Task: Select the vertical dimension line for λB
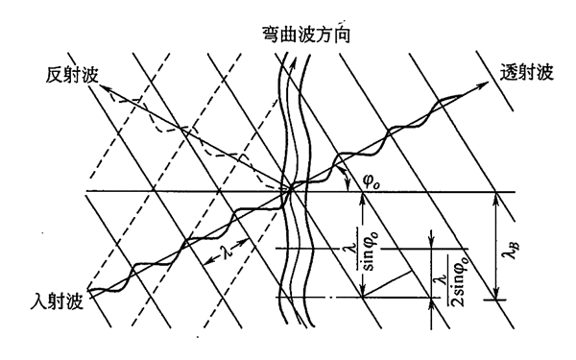pyautogui.click(x=494, y=245)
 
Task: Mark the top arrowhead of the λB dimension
pyautogui.click(x=494, y=197)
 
